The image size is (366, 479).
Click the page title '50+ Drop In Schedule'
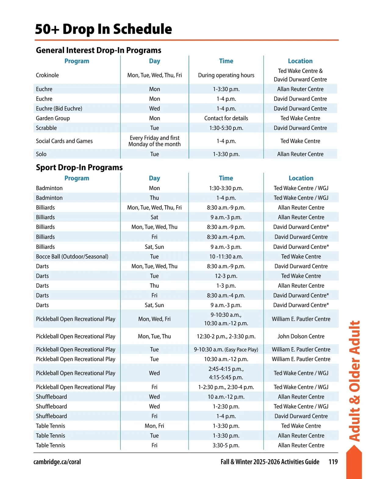(103, 29)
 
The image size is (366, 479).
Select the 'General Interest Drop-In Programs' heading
(99, 50)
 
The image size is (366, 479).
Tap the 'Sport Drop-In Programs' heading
(79, 167)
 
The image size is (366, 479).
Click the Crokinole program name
(47, 75)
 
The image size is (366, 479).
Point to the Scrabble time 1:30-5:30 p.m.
(226, 128)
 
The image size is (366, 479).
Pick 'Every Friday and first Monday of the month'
(154, 141)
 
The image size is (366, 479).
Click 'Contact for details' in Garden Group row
(226, 118)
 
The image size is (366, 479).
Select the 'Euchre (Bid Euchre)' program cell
(59, 109)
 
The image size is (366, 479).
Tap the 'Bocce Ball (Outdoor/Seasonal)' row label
(72, 257)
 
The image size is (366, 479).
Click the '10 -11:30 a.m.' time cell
(226, 257)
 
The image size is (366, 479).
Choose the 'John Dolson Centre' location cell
(301, 337)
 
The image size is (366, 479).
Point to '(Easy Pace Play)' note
(242, 350)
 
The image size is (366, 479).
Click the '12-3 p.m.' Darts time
(226, 276)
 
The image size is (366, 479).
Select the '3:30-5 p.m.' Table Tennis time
(226, 445)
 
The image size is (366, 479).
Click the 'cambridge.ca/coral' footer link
(57, 462)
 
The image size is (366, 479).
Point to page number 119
(333, 462)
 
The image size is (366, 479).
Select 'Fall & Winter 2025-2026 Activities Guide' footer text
(270, 462)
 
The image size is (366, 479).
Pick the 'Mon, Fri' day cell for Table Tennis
(154, 426)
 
